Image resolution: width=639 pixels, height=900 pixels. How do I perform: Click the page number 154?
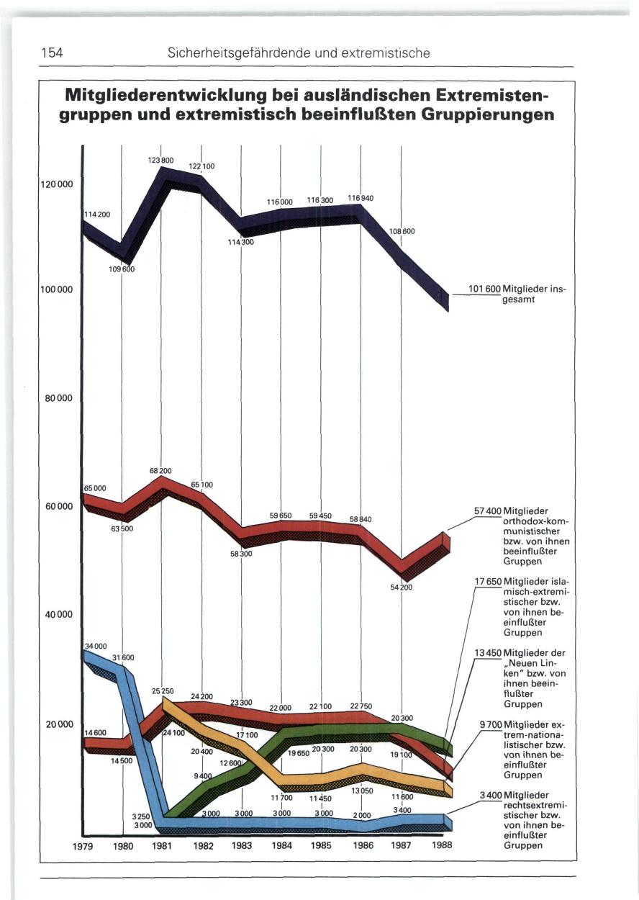[x=52, y=53]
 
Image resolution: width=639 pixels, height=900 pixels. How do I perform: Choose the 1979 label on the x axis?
[x=84, y=846]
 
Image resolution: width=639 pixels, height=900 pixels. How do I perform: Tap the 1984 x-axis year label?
[x=281, y=846]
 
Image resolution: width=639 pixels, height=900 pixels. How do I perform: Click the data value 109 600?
[x=122, y=269]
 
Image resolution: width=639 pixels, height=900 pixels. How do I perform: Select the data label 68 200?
[x=160, y=471]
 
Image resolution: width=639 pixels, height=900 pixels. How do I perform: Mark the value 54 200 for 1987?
[x=401, y=588]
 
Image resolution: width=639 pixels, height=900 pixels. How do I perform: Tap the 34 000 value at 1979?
[x=96, y=645]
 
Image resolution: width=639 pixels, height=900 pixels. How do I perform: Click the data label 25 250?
[x=162, y=690]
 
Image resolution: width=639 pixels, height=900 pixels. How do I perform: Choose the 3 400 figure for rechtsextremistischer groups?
[x=491, y=794]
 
